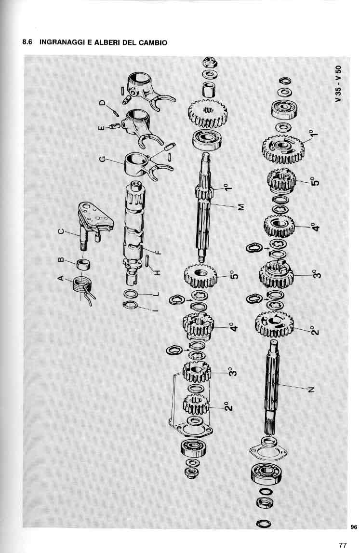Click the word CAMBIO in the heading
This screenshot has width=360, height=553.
pos(153,43)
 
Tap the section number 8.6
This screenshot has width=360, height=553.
pos(27,42)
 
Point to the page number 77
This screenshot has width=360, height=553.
pos(342,545)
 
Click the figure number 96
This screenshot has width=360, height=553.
pos(354,527)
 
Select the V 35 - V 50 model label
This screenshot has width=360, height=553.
pos(338,83)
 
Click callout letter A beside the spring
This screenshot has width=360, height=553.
pos(61,278)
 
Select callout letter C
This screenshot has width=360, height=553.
pos(61,232)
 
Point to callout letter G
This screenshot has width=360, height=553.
pos(102,160)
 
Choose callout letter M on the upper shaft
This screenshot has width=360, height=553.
pos(241,207)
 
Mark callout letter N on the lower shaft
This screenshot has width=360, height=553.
pos(311,390)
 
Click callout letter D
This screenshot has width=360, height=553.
pos(102,103)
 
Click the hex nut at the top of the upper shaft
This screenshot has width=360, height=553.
pos(210,63)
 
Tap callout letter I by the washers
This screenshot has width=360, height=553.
pos(157,310)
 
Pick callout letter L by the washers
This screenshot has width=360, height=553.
pos(157,294)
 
